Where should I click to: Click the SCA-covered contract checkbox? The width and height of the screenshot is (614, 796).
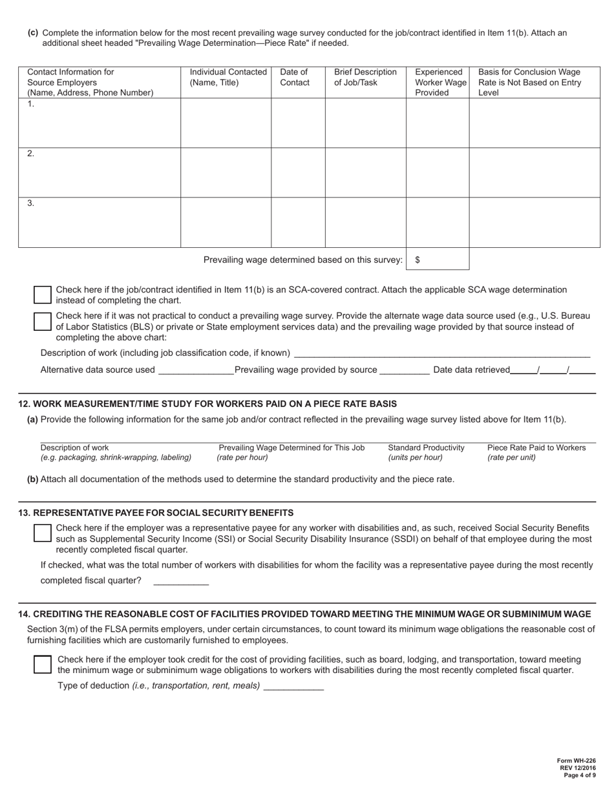point(42,295)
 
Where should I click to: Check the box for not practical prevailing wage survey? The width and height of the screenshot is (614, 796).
point(42,322)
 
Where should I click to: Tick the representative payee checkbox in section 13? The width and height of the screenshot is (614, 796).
point(42,533)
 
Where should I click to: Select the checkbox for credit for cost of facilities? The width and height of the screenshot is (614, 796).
point(42,665)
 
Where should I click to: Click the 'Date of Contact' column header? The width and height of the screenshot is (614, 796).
point(294,77)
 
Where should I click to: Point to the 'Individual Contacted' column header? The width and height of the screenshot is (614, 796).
point(228,77)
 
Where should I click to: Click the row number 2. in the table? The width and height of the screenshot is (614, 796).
point(31,154)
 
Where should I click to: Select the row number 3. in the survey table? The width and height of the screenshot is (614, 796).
point(31,203)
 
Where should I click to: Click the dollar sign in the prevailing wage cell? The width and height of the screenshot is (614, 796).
point(418,260)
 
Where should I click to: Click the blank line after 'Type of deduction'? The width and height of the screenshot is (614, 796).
point(294,687)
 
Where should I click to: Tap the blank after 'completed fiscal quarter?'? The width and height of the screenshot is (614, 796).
point(181,581)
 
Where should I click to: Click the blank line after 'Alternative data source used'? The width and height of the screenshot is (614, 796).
point(195,371)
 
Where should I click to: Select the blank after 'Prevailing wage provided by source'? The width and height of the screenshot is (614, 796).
point(405,371)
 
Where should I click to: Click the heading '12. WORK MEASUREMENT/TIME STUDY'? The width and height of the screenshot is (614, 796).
point(207,404)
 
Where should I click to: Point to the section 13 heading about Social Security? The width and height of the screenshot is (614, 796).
point(156,513)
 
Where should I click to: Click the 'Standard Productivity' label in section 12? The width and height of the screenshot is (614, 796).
point(426,448)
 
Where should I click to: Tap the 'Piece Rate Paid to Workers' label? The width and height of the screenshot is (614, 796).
point(536,448)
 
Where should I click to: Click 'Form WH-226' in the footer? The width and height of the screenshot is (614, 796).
point(577,761)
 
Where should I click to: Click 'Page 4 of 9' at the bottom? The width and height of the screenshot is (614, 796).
point(579,775)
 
